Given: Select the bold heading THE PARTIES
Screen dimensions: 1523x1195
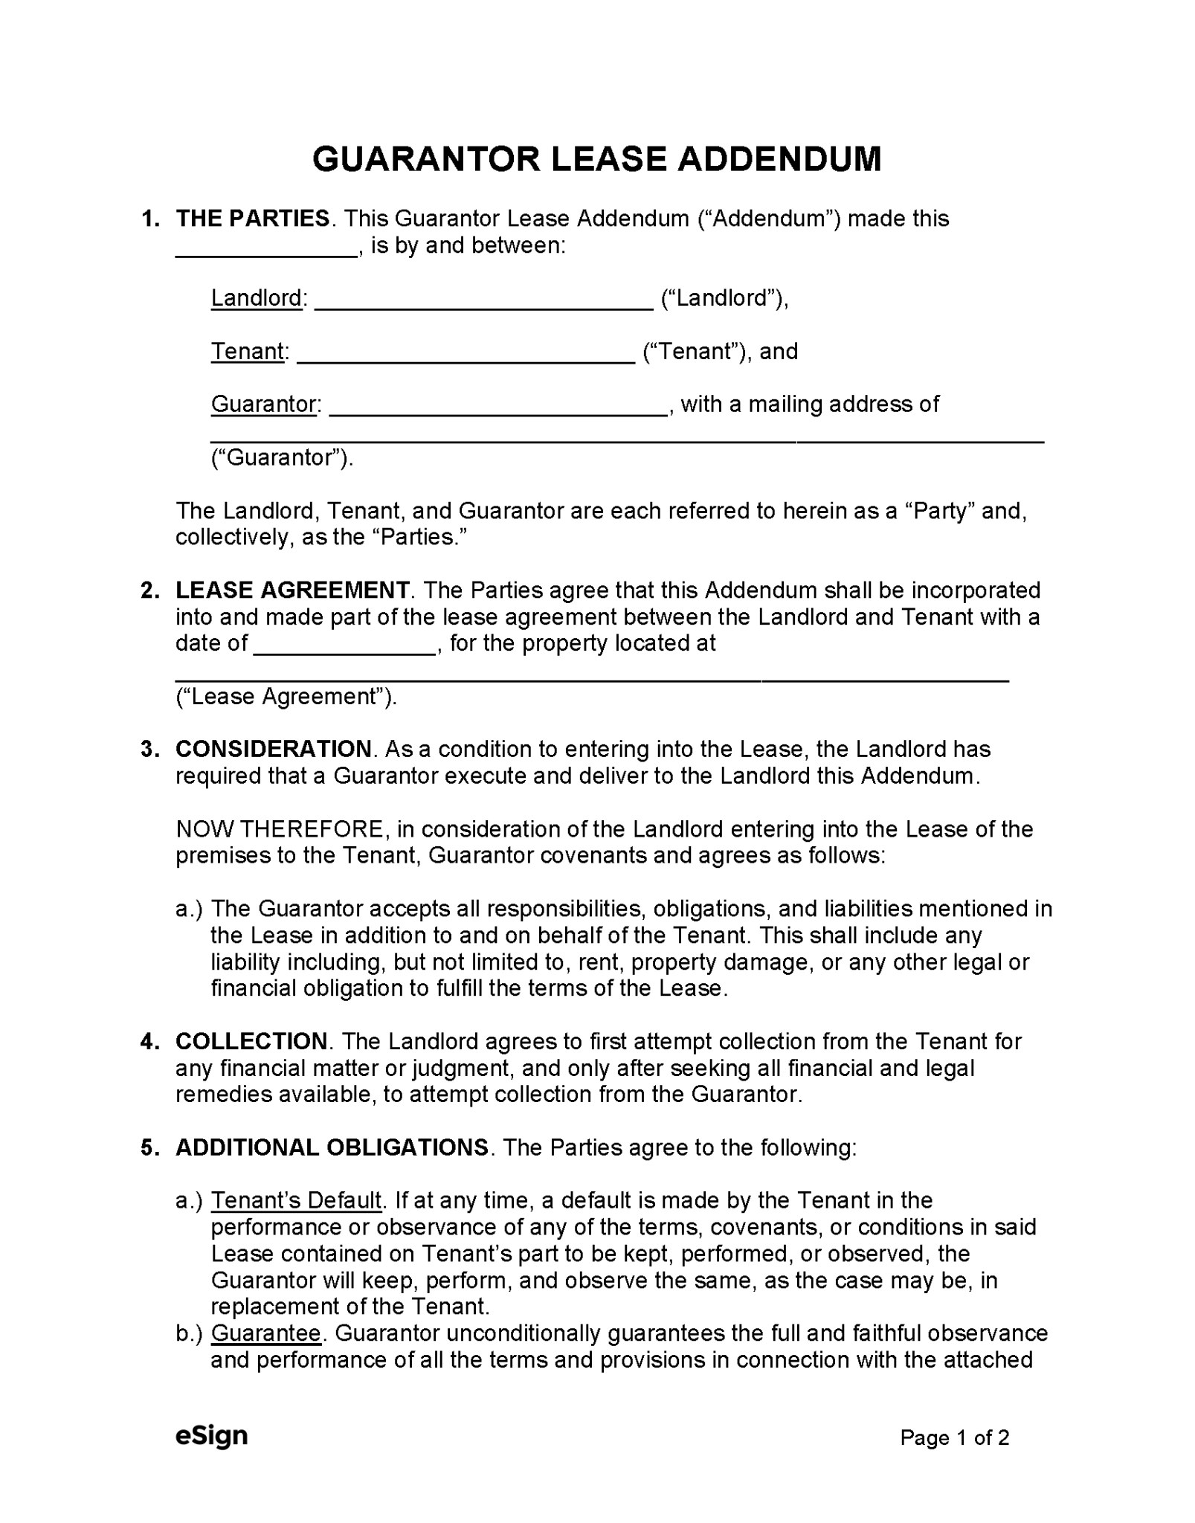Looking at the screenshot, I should pyautogui.click(x=253, y=219).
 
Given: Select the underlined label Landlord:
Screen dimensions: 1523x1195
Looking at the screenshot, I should pyautogui.click(x=257, y=298).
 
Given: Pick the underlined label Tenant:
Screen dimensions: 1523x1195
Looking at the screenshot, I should pyautogui.click(x=248, y=351).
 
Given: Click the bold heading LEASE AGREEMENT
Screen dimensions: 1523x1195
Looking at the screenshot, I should pyautogui.click(x=292, y=590).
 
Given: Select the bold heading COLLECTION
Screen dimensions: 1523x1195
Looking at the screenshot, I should pyautogui.click(x=251, y=1041).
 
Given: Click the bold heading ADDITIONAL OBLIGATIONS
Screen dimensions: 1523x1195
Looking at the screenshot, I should pyautogui.click(x=332, y=1147).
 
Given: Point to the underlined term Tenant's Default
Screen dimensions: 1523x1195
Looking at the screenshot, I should pyautogui.click(x=296, y=1200).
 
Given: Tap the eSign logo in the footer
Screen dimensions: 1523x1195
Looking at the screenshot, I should pyautogui.click(x=211, y=1435).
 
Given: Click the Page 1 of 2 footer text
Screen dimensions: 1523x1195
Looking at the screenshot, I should pyautogui.click(x=954, y=1437).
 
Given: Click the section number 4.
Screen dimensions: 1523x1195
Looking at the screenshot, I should pyautogui.click(x=148, y=1041).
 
